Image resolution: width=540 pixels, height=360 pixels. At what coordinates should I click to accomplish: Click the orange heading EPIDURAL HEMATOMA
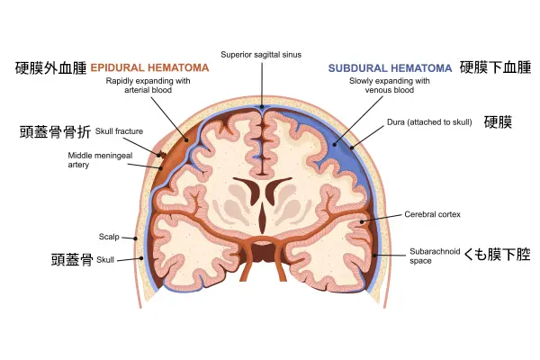[150, 67]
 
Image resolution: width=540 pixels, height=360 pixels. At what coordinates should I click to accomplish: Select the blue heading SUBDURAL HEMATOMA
[390, 67]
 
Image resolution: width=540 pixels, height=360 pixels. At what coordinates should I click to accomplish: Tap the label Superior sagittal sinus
[262, 54]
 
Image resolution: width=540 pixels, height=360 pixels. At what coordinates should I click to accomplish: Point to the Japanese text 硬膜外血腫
[50, 67]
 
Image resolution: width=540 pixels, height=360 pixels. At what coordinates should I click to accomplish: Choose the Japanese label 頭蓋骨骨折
[55, 131]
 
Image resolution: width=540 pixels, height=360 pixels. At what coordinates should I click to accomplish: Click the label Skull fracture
[119, 131]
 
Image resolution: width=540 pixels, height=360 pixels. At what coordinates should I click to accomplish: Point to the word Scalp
[108, 237]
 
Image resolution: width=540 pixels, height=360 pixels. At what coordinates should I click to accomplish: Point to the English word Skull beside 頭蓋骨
[105, 259]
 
